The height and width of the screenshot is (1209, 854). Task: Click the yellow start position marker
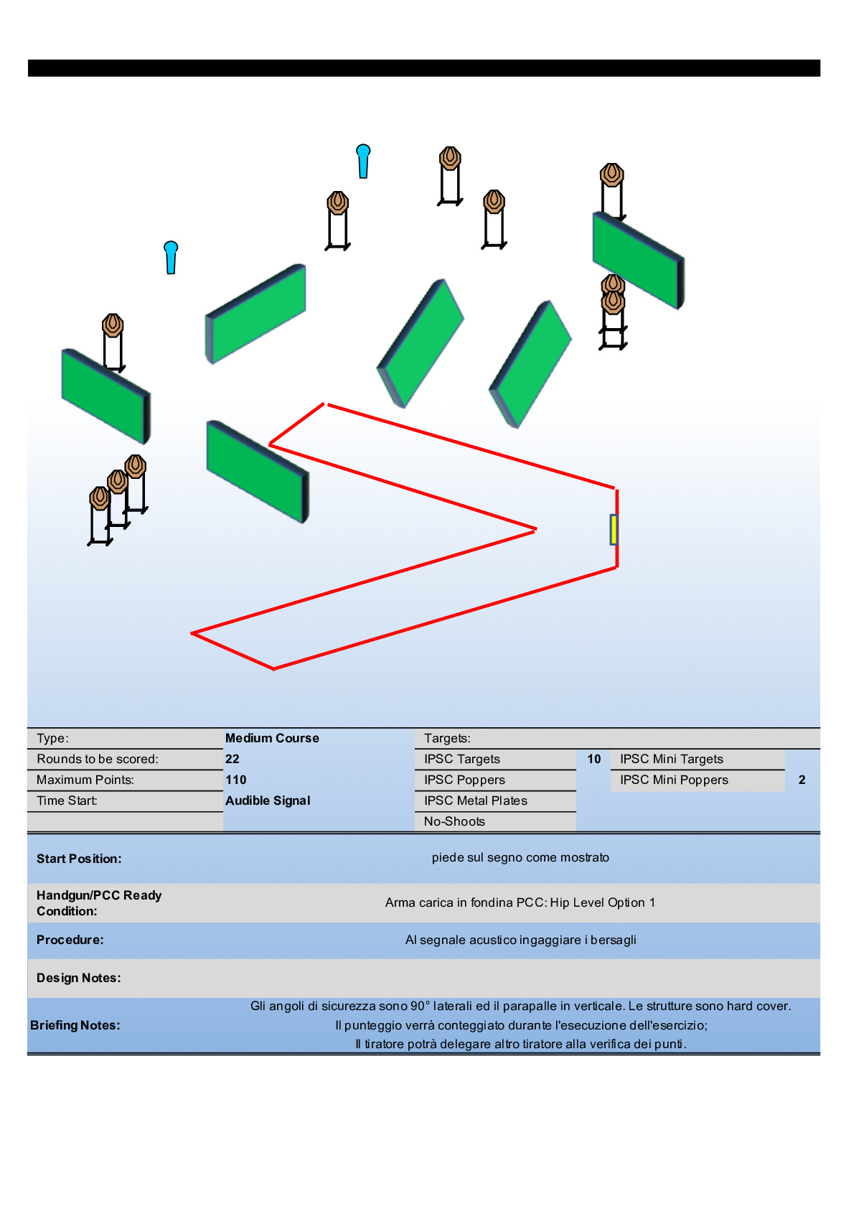(x=614, y=529)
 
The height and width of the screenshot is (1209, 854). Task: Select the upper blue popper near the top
(x=363, y=160)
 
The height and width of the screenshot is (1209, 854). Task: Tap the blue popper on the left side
(x=171, y=256)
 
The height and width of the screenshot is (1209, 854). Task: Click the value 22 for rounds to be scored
(x=233, y=759)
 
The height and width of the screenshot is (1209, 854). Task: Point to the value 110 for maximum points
(x=236, y=780)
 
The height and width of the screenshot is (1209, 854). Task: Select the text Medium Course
(x=272, y=738)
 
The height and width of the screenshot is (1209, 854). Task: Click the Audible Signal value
(x=268, y=800)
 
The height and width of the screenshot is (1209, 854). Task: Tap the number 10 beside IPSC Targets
(x=594, y=759)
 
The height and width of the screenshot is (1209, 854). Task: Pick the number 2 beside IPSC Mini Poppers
(x=802, y=780)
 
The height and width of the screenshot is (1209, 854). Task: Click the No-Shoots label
(x=454, y=821)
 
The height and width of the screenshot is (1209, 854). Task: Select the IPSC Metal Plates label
(x=475, y=800)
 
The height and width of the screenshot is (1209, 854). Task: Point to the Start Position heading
(x=79, y=859)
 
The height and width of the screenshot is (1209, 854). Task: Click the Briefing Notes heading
(x=75, y=1025)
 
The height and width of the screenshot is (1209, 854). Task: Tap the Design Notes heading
(x=79, y=978)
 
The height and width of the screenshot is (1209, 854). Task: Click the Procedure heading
(x=70, y=940)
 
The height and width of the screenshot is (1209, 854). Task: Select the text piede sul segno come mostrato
(x=520, y=857)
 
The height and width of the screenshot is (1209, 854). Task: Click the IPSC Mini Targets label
(x=672, y=759)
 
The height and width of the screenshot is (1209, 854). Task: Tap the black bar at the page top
(x=423, y=68)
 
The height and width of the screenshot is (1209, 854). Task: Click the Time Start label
(x=67, y=800)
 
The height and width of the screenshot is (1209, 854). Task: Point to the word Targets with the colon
(x=447, y=738)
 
